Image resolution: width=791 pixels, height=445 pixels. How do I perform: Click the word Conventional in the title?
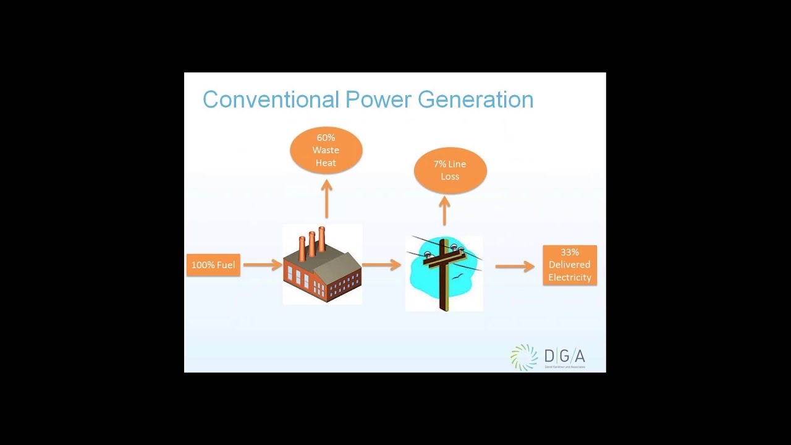pyautogui.click(x=271, y=100)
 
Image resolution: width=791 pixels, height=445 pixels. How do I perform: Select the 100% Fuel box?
pyautogui.click(x=213, y=265)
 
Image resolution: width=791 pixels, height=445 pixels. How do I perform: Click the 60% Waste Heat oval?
pyautogui.click(x=326, y=150)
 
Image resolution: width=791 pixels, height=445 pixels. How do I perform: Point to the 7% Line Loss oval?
pyautogui.click(x=450, y=171)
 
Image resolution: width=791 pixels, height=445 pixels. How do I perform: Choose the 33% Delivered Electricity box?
pyautogui.click(x=570, y=265)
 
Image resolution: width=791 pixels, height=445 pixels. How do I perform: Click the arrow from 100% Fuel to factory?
pyautogui.click(x=262, y=265)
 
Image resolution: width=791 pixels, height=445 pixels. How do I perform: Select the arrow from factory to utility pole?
pyautogui.click(x=381, y=265)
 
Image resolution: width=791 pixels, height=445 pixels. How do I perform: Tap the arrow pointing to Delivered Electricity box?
pyautogui.click(x=514, y=266)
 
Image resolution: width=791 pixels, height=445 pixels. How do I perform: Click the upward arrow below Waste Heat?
pyautogui.click(x=326, y=198)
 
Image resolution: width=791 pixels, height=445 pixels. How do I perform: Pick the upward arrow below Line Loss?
pyautogui.click(x=444, y=211)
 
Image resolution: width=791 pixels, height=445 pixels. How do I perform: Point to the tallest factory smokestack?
pyautogui.click(x=321, y=240)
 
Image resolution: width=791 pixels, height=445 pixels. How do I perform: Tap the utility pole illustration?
pyautogui.click(x=444, y=272)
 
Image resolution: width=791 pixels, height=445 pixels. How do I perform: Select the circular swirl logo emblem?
pyautogui.click(x=524, y=357)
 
